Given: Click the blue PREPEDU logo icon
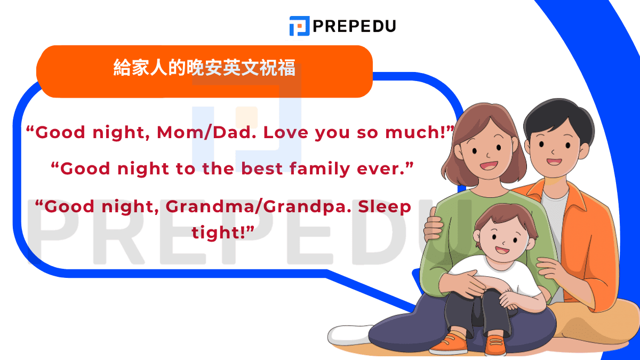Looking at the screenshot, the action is click(299, 26).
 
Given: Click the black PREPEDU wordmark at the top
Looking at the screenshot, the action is click(354, 26).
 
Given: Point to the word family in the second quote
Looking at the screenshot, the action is click(319, 169).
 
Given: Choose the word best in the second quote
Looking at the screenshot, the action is click(262, 169).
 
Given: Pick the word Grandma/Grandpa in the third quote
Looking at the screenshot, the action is click(259, 207).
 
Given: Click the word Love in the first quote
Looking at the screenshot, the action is click(286, 133).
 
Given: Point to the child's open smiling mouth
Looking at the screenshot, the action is click(502, 250).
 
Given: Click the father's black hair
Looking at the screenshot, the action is click(558, 117).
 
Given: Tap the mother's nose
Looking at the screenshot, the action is click(489, 155).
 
